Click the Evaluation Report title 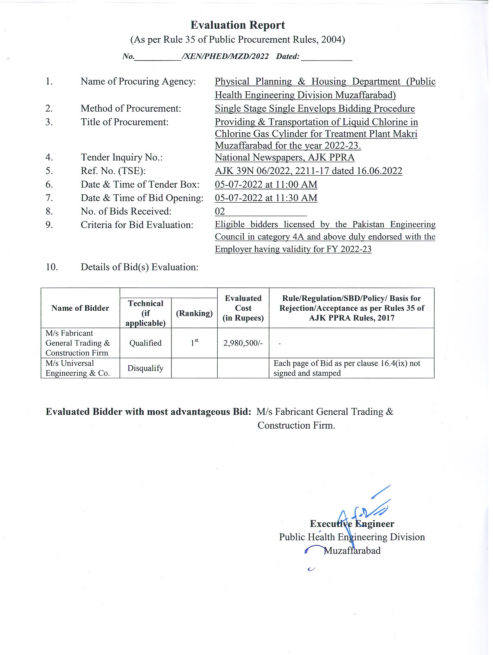[x=238, y=25]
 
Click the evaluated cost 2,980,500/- [x=243, y=343]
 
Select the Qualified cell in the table [x=145, y=343]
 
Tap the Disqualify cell [x=145, y=368]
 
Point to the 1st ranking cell [x=194, y=343]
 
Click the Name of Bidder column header [x=80, y=308]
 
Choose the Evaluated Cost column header [x=243, y=308]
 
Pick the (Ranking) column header [x=194, y=313]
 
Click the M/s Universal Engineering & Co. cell [x=78, y=368]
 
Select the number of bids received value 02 [x=220, y=212]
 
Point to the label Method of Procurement [x=131, y=108]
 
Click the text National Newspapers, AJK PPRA [x=285, y=158]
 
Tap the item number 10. [x=52, y=267]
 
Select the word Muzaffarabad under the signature [x=352, y=551]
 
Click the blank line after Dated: [x=326, y=57]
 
